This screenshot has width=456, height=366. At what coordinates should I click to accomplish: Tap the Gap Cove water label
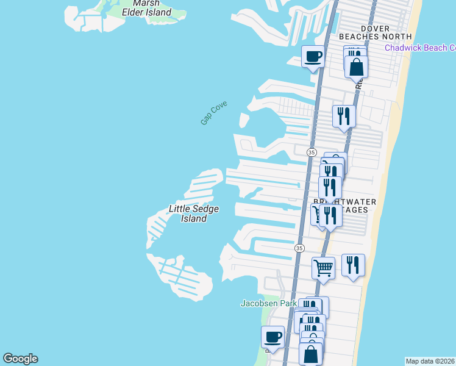pos(213,113)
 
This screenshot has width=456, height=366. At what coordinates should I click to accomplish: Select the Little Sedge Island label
pos(193,213)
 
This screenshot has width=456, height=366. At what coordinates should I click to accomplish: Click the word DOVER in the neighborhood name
pos(375,28)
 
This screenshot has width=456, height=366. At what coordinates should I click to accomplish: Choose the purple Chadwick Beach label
pos(419,48)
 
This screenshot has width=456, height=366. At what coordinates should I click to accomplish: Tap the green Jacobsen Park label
pos(268,303)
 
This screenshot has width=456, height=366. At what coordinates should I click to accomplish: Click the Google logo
pos(20,359)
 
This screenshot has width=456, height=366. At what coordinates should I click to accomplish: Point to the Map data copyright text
pos(430,361)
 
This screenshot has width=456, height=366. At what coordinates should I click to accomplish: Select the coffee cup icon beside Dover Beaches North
pos(313,57)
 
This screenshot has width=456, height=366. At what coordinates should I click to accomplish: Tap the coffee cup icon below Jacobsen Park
pos(273,337)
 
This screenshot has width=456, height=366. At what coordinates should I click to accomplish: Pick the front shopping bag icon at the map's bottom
pos(310,353)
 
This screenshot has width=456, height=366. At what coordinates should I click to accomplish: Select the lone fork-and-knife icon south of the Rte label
pos(344,116)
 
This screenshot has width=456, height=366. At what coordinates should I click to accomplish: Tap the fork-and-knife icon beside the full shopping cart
pos(353,265)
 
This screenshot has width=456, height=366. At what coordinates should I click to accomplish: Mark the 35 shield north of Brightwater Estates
pos(312,152)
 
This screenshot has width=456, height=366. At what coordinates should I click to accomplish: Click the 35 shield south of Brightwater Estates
pos(299,248)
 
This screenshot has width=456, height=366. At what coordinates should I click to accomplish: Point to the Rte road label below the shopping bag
pos(359,84)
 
